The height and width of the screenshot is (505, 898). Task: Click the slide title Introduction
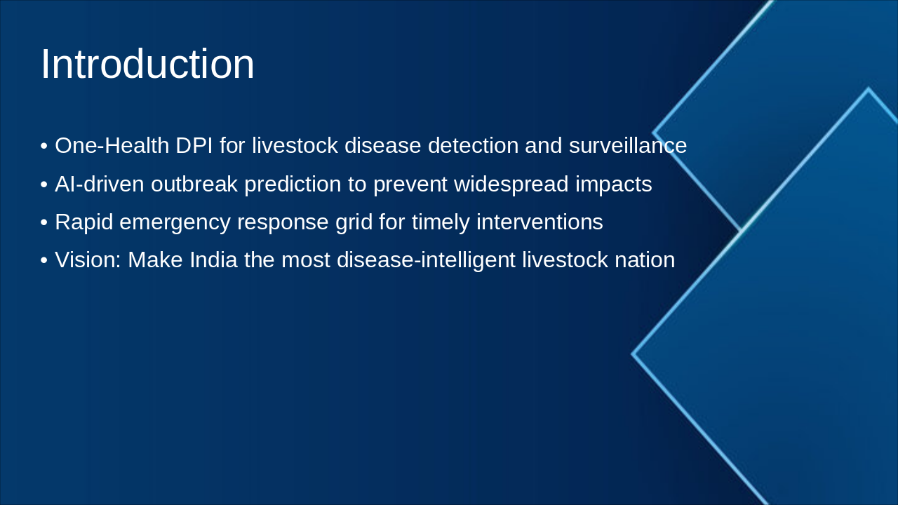(147, 64)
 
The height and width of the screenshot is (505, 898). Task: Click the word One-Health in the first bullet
(112, 145)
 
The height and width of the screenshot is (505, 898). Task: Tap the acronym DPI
(194, 145)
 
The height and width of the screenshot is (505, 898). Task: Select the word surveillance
(627, 145)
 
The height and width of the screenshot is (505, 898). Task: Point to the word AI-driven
(100, 184)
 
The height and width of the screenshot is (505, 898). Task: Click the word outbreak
(194, 184)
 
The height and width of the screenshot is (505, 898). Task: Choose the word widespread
(511, 185)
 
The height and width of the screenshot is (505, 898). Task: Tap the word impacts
(614, 185)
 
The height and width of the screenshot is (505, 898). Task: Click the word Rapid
(83, 222)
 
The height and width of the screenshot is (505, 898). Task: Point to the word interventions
(540, 222)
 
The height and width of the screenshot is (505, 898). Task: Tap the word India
(213, 260)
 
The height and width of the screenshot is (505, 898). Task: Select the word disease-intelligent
(426, 260)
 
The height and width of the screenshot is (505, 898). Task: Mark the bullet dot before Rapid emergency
(44, 222)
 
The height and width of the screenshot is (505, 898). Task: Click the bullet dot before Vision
(44, 260)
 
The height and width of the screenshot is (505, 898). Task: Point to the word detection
(473, 145)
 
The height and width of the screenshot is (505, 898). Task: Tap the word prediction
(293, 185)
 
